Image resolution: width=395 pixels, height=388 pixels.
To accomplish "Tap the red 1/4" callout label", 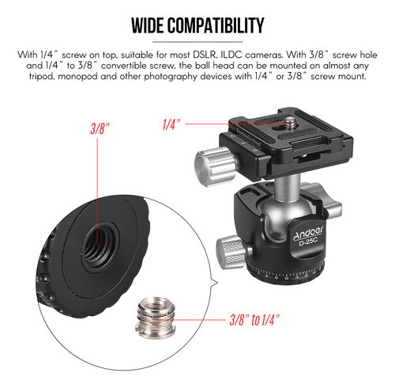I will pyautogui.click(x=172, y=124).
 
